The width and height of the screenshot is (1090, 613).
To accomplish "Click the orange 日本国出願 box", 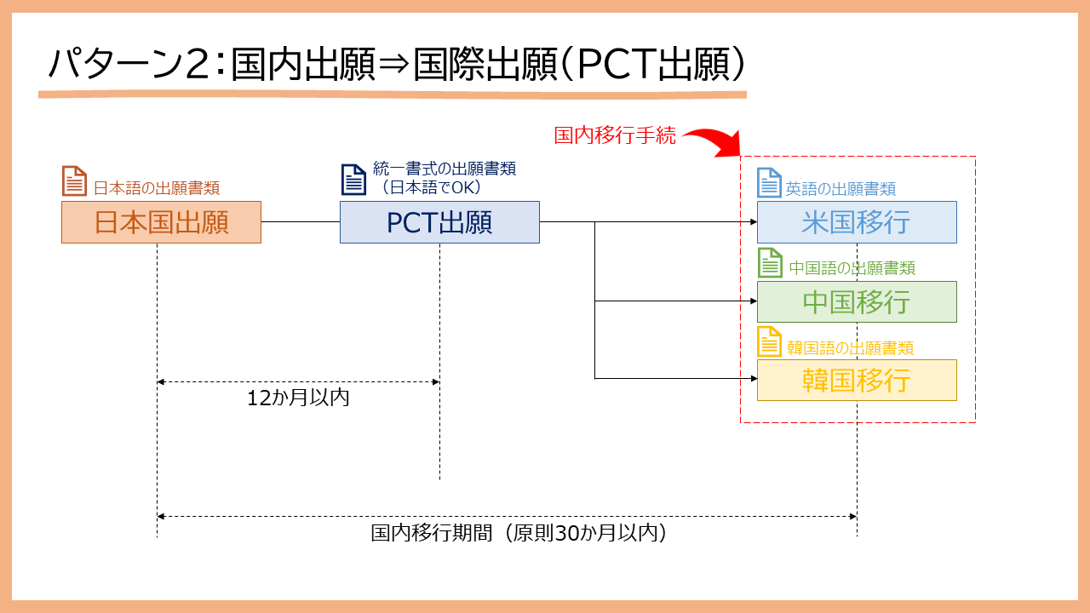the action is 161,222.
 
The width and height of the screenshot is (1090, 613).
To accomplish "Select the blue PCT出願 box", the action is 439,222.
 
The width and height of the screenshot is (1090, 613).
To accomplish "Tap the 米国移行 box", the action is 857,222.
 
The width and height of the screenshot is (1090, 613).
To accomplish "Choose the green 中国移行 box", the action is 857,301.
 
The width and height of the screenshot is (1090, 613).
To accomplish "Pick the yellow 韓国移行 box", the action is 857,381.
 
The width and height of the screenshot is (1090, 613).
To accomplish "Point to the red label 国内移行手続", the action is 615,135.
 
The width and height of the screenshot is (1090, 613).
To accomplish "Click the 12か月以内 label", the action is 298,398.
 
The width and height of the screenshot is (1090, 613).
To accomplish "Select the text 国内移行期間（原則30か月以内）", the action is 519,533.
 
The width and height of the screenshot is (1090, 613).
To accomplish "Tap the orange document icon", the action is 74,181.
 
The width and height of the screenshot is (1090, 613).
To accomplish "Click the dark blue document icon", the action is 353,180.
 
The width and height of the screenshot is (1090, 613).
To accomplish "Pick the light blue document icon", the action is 769,182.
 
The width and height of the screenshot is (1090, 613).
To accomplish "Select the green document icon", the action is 771,263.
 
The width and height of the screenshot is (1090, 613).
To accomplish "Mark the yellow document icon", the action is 769,341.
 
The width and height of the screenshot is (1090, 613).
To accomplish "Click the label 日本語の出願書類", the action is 157,188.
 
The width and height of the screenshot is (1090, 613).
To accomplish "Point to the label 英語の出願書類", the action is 840,189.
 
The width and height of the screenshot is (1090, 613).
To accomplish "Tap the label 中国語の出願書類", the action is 852,268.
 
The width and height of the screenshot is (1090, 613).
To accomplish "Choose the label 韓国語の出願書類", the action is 850,348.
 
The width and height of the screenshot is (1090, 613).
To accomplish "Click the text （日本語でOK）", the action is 432,187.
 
